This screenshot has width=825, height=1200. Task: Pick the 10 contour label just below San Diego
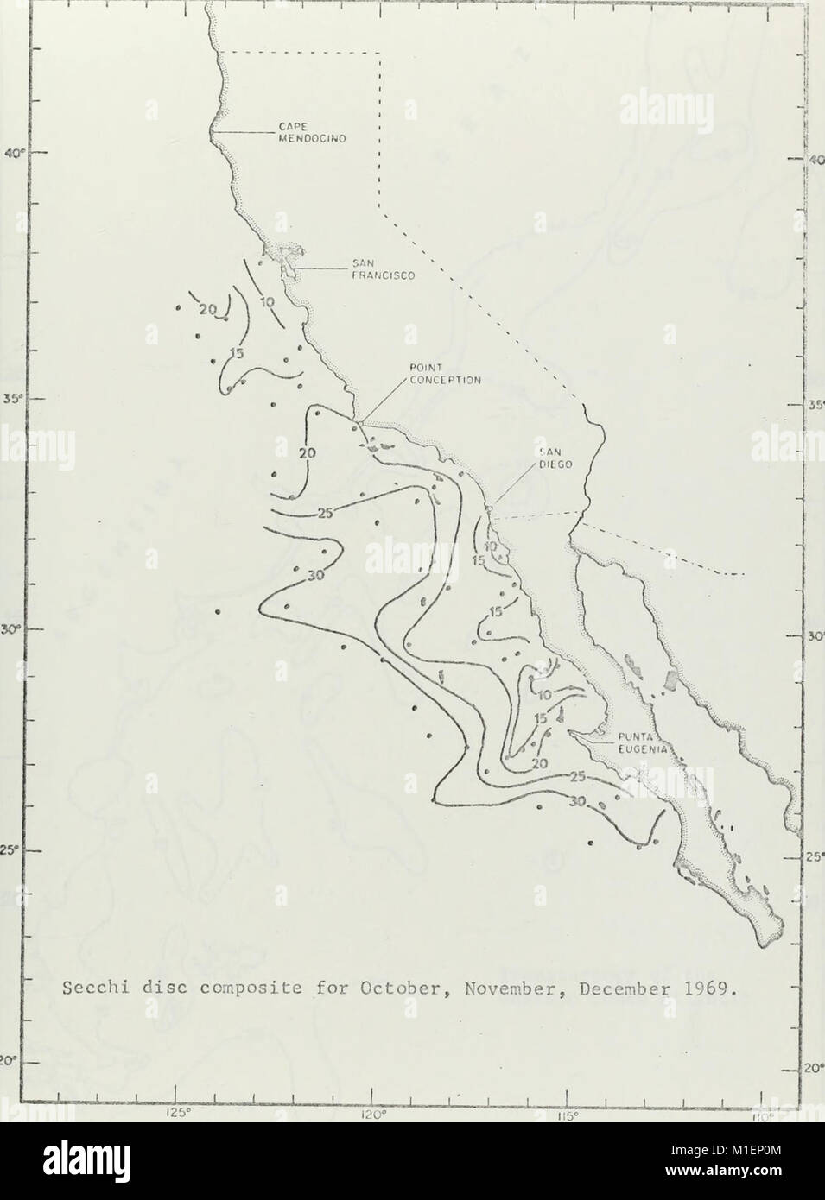491,546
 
